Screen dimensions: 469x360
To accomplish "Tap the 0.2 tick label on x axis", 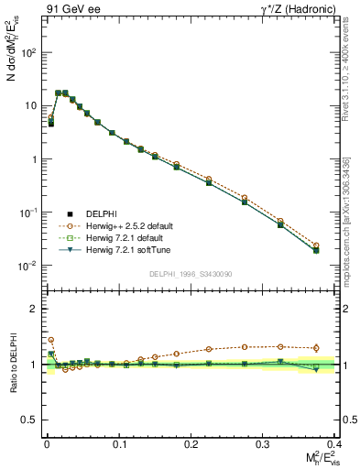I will [191, 442].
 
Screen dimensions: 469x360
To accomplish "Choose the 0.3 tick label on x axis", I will [263, 442].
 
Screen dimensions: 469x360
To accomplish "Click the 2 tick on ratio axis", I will [33, 309].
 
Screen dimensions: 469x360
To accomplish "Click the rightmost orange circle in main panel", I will [316, 245].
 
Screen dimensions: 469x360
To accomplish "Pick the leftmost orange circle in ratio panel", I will [51, 340].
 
